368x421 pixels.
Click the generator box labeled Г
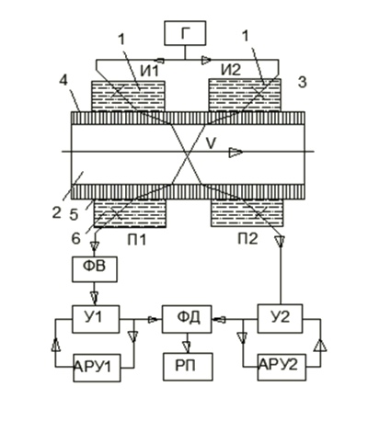185,33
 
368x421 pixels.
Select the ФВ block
95,269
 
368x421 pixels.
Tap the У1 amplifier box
96,319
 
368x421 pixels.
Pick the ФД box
187,319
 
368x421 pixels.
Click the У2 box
280,318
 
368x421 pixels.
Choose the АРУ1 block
97,368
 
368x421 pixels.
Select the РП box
188,367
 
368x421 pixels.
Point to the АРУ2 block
282,367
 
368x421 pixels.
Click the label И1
150,71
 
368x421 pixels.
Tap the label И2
231,71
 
